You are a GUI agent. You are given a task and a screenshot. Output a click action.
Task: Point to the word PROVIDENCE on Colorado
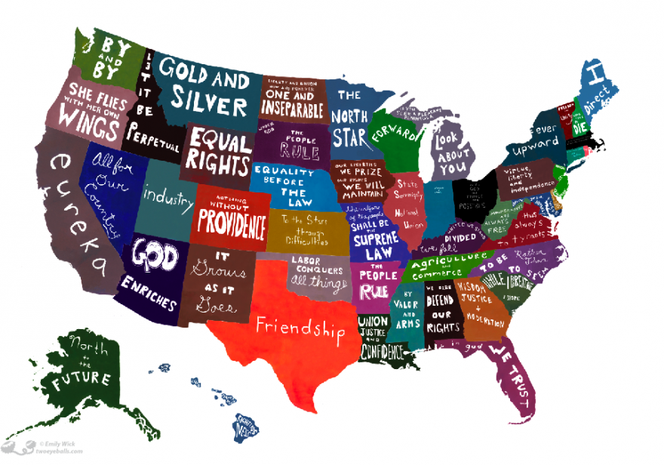[x=232, y=225]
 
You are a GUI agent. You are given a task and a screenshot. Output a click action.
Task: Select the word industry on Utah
[x=168, y=196]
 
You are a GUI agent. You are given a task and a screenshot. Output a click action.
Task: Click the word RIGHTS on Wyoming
[x=219, y=162]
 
